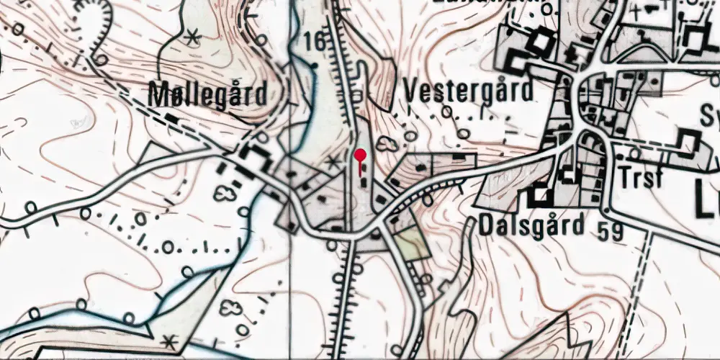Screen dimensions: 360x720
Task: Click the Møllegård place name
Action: coord(207,94)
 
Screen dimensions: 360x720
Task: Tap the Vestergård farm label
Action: coord(469,91)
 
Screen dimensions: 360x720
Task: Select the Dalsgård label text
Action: coord(531,226)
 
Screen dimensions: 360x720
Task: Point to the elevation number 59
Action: coord(608,230)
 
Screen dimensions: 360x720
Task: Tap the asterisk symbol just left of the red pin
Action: coord(333,162)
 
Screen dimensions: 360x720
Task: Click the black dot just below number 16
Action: coord(314,65)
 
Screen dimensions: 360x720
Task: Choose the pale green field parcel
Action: coord(408,243)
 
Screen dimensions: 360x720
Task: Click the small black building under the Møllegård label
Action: coord(253,153)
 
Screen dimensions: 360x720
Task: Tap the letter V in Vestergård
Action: coord(413,91)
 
